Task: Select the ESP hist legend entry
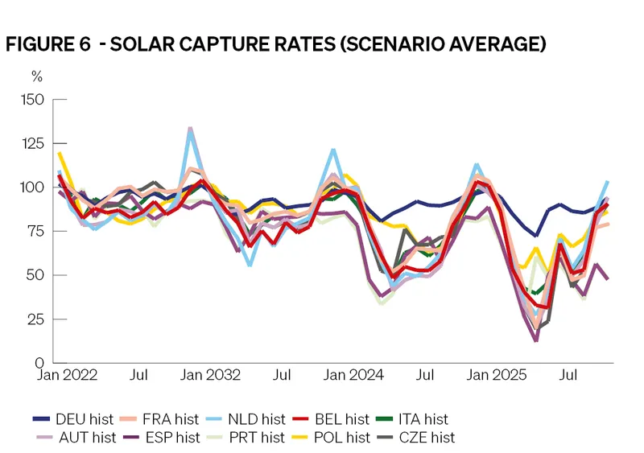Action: coord(166,438)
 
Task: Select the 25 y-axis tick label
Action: coord(36,319)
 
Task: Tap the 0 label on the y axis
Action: coord(39,362)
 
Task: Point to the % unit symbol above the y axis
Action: coord(37,77)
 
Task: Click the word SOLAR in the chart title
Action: coord(155,45)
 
